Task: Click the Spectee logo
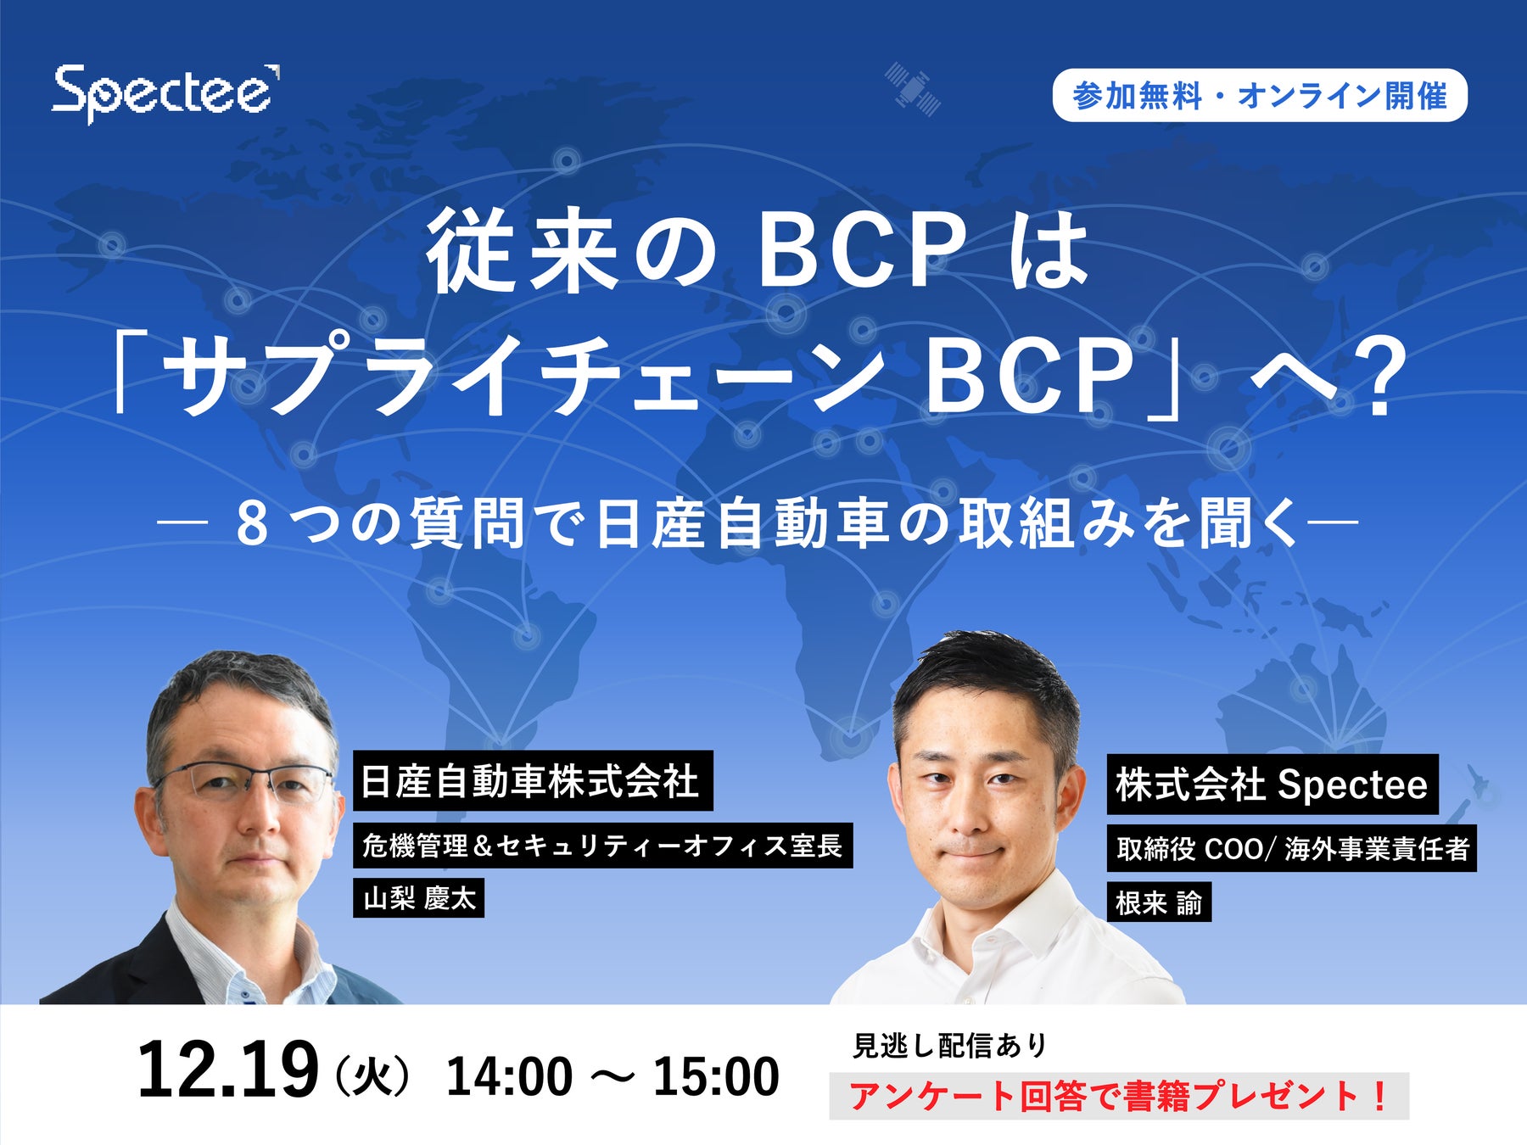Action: [166, 93]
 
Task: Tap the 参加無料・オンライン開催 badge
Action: [1260, 96]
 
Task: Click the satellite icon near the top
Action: [912, 87]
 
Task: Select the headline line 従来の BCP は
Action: [758, 252]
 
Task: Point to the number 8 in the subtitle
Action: [252, 525]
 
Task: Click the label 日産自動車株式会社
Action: [532, 780]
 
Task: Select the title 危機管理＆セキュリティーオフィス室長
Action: [602, 845]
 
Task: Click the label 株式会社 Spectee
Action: [1272, 784]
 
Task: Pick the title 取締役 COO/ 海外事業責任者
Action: [1291, 848]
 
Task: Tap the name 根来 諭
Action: [1159, 902]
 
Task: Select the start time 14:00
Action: [509, 1076]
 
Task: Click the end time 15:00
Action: [716, 1076]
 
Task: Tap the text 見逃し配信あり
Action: [949, 1045]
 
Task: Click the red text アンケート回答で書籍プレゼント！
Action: [1119, 1096]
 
